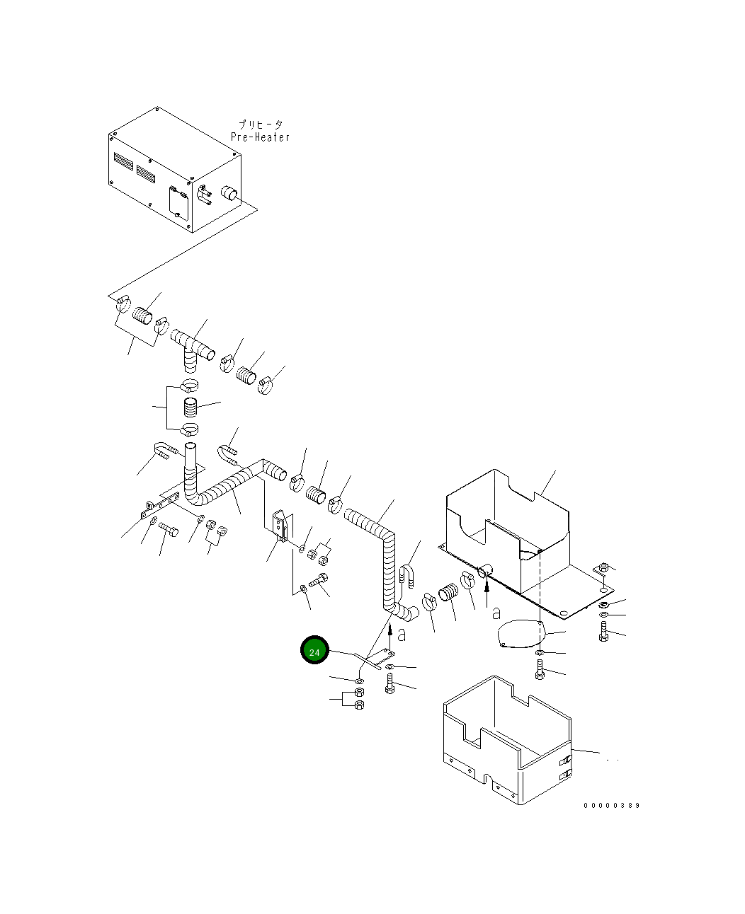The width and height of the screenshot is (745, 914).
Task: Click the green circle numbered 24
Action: tap(314, 649)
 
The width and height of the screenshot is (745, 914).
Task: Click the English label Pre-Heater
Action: tap(260, 137)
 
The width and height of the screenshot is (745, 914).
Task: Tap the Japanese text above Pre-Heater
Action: tap(261, 125)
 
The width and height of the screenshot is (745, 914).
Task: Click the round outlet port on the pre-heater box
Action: tap(229, 194)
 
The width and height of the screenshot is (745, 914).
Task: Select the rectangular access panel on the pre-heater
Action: tap(178, 201)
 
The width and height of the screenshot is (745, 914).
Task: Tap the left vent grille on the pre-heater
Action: tap(124, 161)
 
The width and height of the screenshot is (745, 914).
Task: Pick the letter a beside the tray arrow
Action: tap(496, 613)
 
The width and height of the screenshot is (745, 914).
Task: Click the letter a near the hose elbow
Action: tap(402, 635)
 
